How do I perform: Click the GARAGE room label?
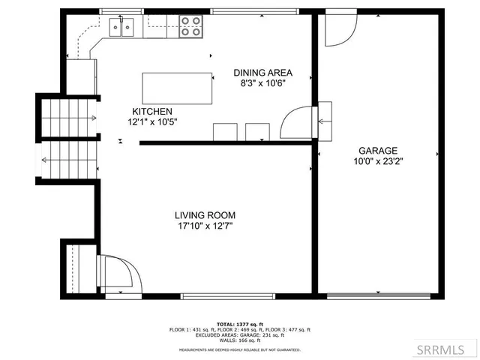[x=377, y=150]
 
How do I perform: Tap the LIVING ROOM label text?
[x=205, y=214]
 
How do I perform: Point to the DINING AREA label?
[x=262, y=73]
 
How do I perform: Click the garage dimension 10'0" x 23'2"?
[x=377, y=160]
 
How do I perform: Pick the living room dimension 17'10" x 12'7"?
[x=205, y=225]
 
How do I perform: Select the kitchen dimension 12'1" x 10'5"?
[x=152, y=121]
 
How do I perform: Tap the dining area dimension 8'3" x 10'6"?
[x=262, y=83]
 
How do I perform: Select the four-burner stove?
[x=191, y=27]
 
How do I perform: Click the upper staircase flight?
[x=68, y=118]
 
